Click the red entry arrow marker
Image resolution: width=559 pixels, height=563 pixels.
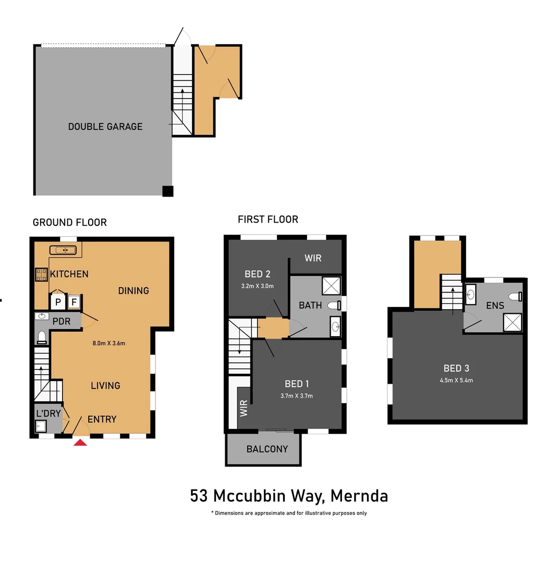click(80, 443)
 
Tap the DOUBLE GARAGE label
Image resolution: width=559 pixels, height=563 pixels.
click(105, 126)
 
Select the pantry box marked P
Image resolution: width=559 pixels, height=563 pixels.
click(57, 302)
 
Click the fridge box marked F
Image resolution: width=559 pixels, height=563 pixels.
click(75, 302)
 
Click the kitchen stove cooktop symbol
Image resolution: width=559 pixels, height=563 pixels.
click(41, 275)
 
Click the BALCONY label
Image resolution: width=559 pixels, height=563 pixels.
click(267, 449)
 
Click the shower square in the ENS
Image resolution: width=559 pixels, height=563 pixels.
click(513, 322)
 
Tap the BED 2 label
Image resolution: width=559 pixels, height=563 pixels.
click(258, 274)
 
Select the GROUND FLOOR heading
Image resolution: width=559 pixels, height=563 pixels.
click(69, 223)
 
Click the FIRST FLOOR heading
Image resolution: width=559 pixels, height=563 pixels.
click(268, 219)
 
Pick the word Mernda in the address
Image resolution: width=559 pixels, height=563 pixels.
click(359, 495)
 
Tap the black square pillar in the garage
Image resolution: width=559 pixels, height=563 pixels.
click(167, 191)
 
